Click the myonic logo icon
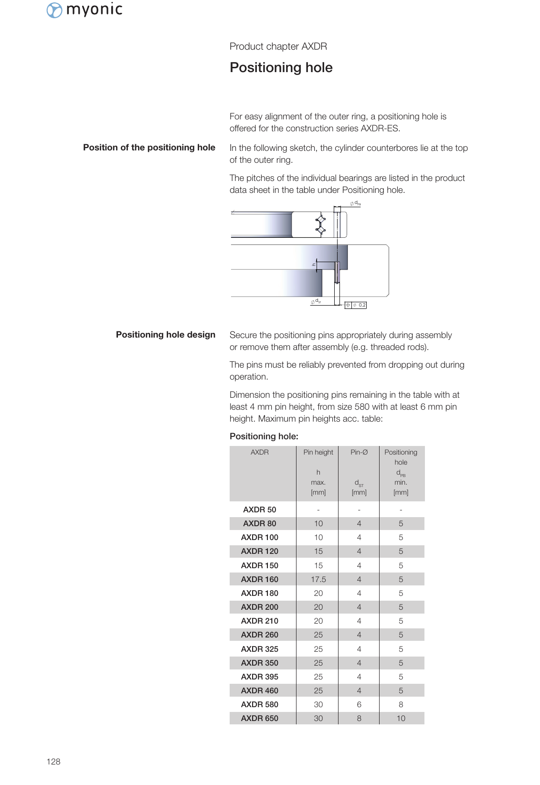(x=54, y=10)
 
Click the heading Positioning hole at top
(x=281, y=68)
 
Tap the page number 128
(x=53, y=762)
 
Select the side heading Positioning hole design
(x=165, y=335)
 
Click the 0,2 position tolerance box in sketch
(x=356, y=305)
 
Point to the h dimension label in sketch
(x=314, y=264)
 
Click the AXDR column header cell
(x=259, y=452)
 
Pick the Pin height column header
(x=318, y=452)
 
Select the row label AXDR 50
(x=259, y=509)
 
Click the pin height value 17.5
(x=318, y=579)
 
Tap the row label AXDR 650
(x=259, y=718)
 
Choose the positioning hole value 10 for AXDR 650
(x=401, y=718)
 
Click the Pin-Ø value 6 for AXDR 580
(x=359, y=704)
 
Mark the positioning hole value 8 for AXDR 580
(x=401, y=704)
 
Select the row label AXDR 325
(x=259, y=649)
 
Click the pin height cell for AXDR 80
(x=318, y=523)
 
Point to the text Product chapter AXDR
(x=278, y=46)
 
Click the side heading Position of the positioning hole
(x=149, y=148)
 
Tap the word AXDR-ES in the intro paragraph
(x=380, y=128)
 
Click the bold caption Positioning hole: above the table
(x=264, y=436)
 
